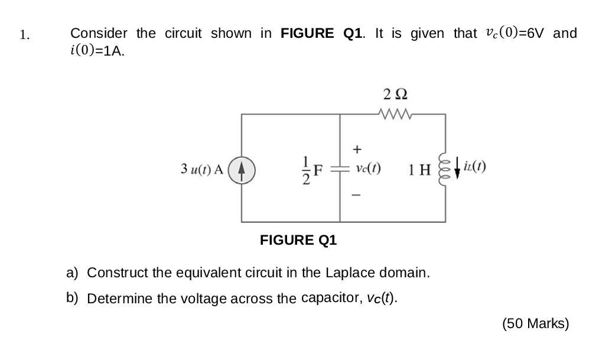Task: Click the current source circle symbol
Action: (242, 168)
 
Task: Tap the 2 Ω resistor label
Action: (395, 94)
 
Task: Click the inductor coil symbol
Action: (445, 169)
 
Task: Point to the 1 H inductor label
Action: (419, 170)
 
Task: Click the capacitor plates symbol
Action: (340, 169)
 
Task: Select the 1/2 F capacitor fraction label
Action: (312, 169)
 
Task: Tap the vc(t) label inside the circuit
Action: (368, 168)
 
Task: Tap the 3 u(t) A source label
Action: (202, 169)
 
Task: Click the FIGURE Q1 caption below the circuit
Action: (298, 240)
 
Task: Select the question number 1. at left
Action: (24, 35)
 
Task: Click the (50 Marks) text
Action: (535, 323)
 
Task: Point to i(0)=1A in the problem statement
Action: (97, 51)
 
